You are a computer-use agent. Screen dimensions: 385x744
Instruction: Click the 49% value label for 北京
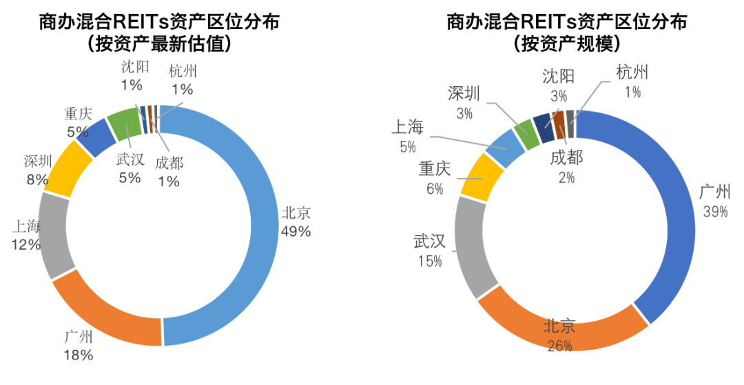[x=296, y=231]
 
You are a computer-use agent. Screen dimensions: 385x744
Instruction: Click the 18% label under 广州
[x=78, y=356]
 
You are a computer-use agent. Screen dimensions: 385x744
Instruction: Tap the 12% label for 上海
[x=25, y=244]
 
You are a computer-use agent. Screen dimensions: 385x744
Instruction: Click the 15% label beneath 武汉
[x=429, y=261]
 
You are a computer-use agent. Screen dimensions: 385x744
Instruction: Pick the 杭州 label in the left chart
[x=183, y=70]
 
